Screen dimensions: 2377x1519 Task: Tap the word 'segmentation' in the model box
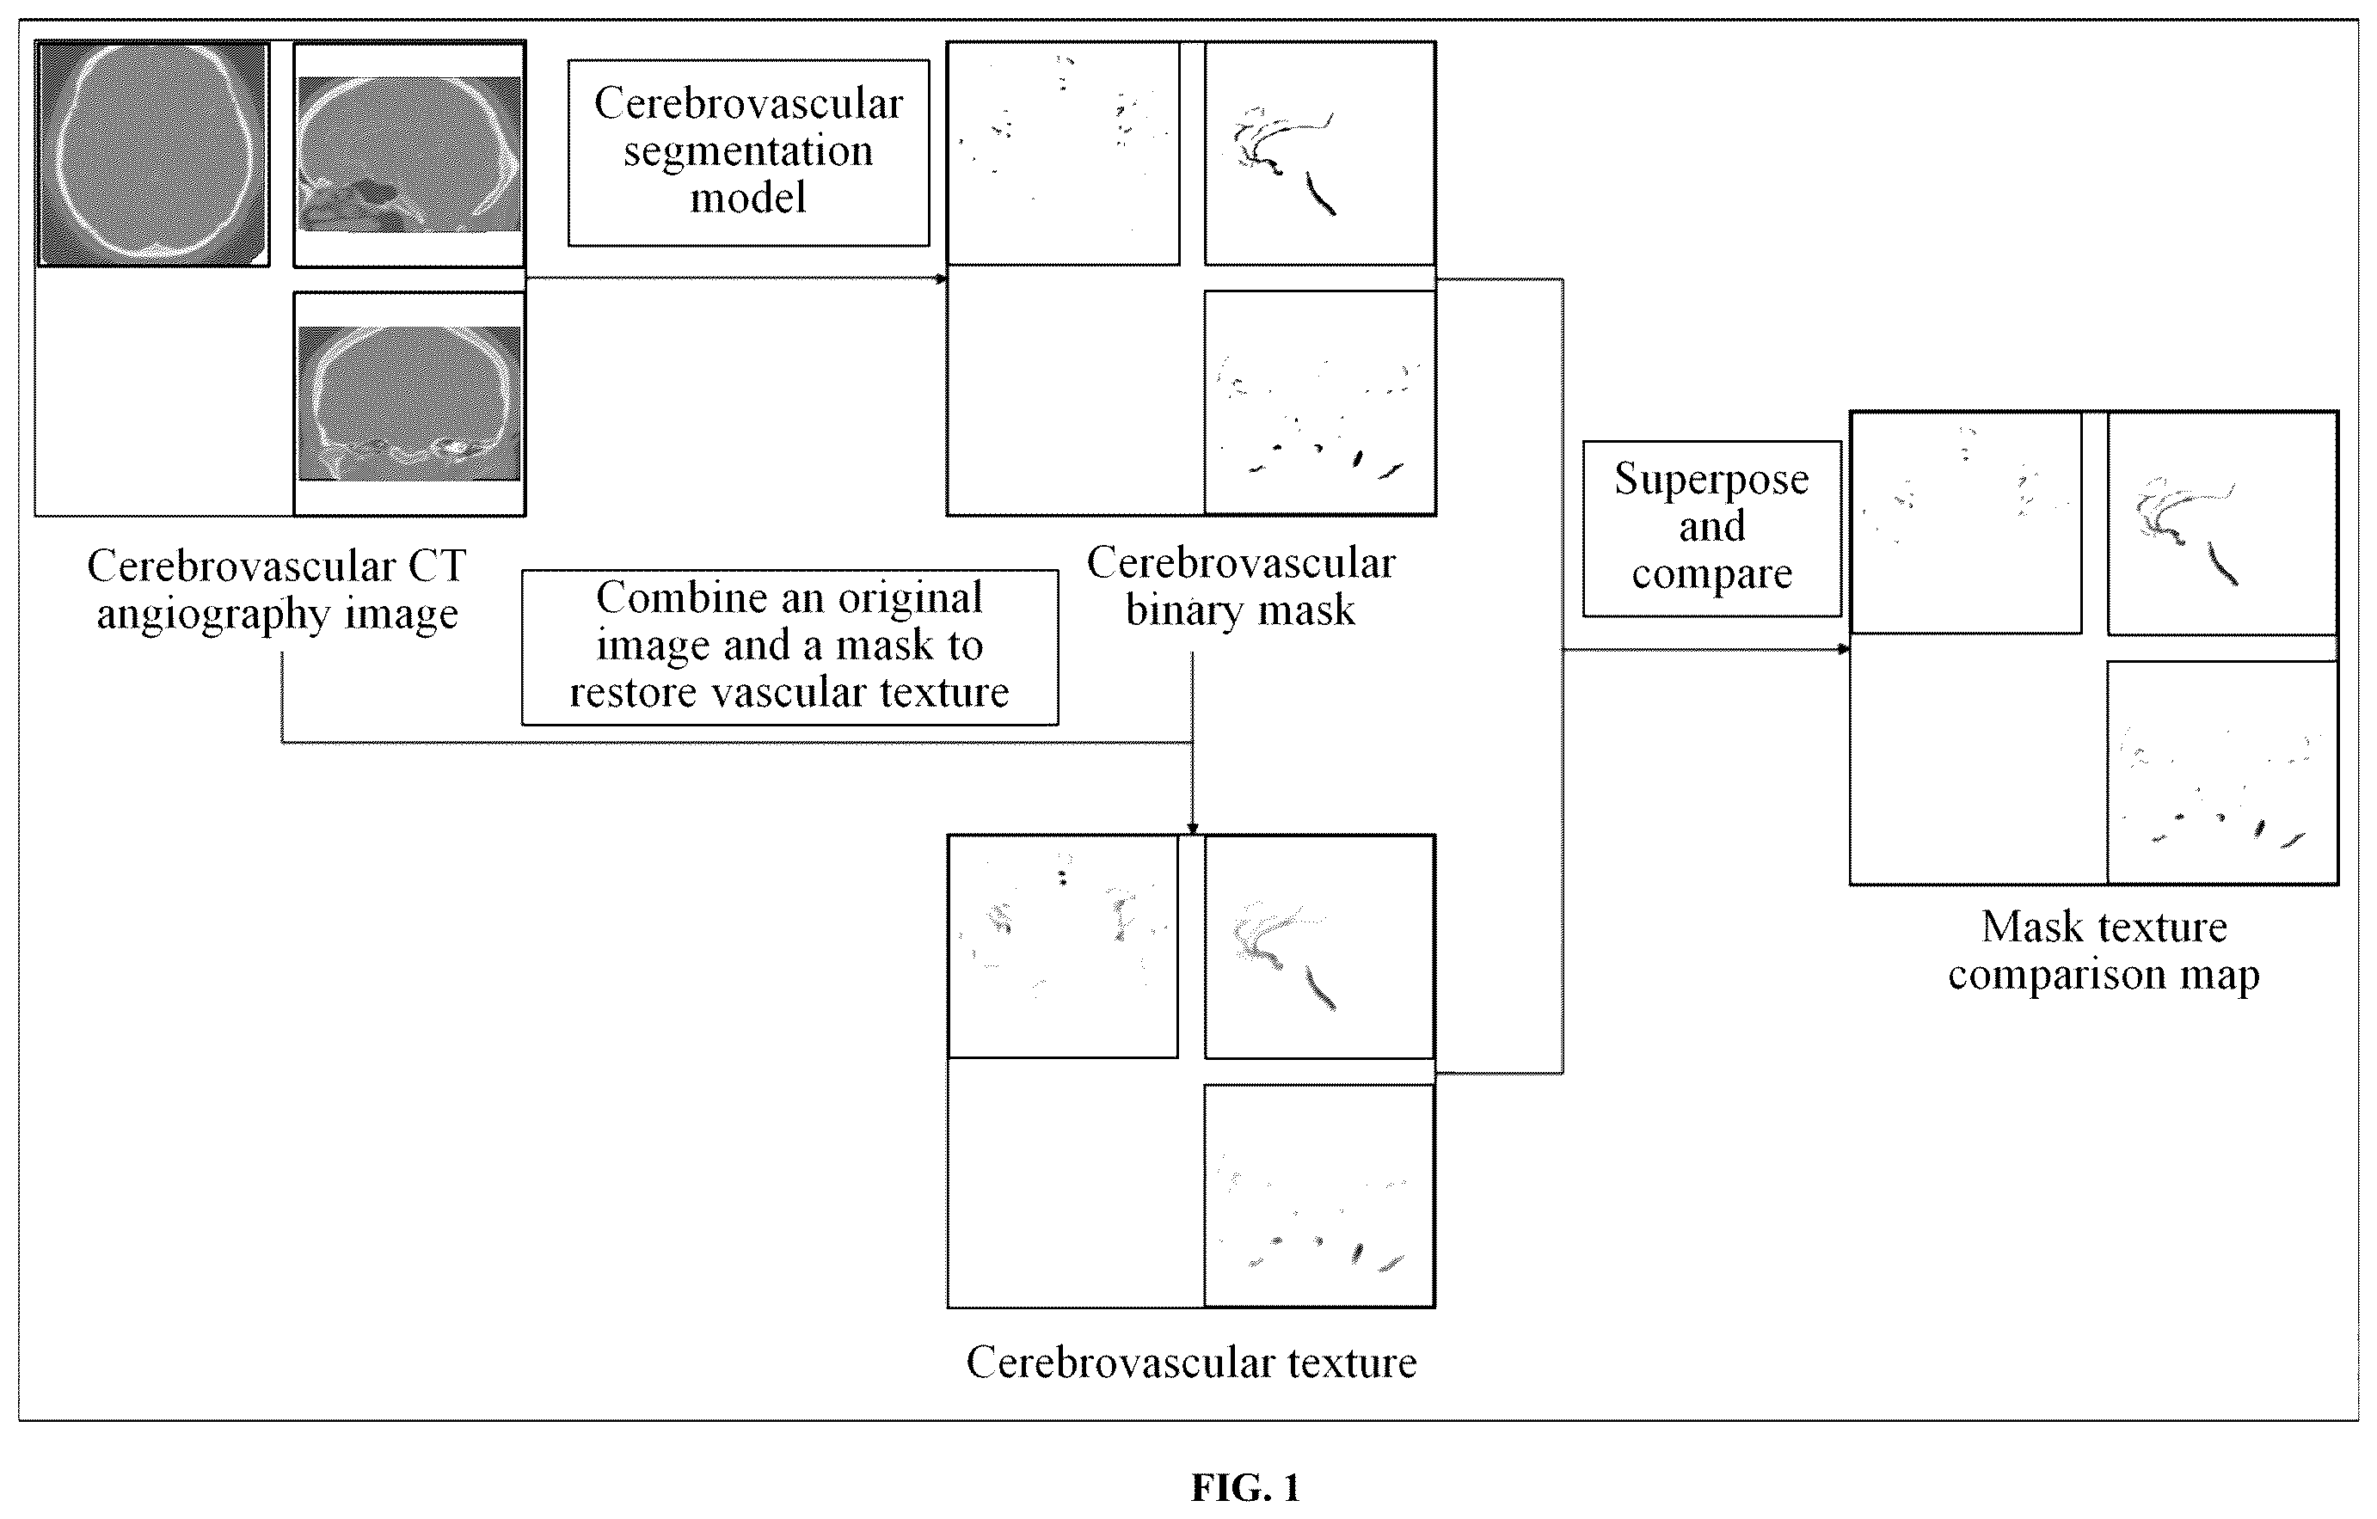[748, 151]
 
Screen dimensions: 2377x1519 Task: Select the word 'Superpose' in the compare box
[1711, 480]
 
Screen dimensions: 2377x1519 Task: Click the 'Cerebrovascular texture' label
[1191, 1362]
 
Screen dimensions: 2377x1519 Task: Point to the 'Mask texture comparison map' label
[2104, 951]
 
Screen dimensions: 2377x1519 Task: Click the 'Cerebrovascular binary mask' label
[1241, 586]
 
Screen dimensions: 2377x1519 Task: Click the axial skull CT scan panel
[153, 154]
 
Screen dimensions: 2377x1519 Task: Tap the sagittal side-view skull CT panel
[408, 154]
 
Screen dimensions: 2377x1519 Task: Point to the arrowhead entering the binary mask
[942, 279]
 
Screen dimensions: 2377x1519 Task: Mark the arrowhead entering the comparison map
[1843, 649]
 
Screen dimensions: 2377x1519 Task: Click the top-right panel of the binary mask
[1320, 153]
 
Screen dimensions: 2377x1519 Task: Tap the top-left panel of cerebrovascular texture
[1063, 946]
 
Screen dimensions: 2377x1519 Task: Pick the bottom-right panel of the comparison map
[2222, 773]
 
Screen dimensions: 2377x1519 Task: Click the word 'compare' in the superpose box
[1711, 574]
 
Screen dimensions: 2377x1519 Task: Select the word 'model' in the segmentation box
[748, 198]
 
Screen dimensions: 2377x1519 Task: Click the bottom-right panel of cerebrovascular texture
[1320, 1197]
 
